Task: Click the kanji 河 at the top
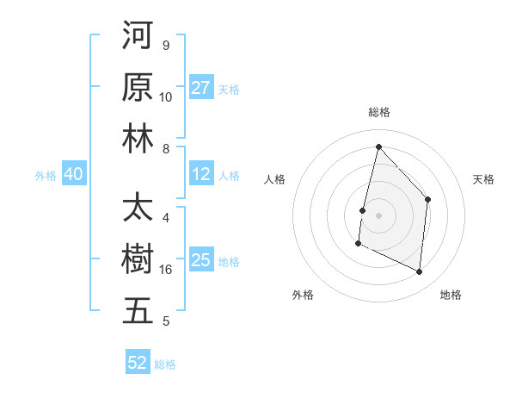click(x=138, y=37)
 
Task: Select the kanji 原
click(x=138, y=88)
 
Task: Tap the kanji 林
click(x=138, y=139)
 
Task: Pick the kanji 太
click(x=138, y=209)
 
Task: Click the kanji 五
click(x=138, y=311)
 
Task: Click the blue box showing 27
click(x=201, y=88)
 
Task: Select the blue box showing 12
click(x=201, y=175)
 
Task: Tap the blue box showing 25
click(x=201, y=260)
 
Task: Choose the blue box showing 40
click(x=73, y=175)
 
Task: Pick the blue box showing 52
click(x=138, y=363)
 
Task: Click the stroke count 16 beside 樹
click(x=166, y=270)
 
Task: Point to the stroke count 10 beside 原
click(x=166, y=97)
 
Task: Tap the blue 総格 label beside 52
click(x=165, y=364)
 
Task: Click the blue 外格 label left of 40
click(x=46, y=176)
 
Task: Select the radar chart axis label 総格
click(x=378, y=113)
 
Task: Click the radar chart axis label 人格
click(x=274, y=179)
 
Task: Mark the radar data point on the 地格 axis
click(x=420, y=271)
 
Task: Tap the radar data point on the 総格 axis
click(x=378, y=146)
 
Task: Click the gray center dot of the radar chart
click(x=378, y=215)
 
